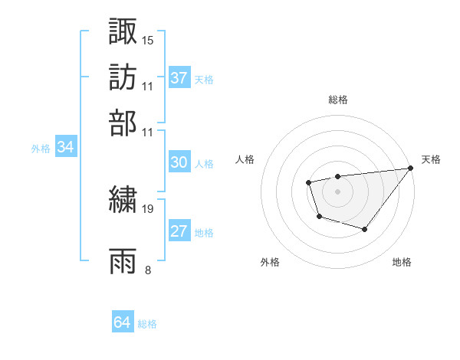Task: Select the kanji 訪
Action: pyautogui.click(x=123, y=77)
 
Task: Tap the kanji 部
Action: pyautogui.click(x=123, y=122)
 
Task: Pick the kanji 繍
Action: pyautogui.click(x=123, y=199)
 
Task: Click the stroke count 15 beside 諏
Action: pyautogui.click(x=148, y=40)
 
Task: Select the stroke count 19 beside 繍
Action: pyautogui.click(x=148, y=208)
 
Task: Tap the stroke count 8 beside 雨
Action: pyautogui.click(x=148, y=270)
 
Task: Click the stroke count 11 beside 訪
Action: pyautogui.click(x=148, y=86)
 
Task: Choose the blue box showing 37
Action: pyautogui.click(x=179, y=78)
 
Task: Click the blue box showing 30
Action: pyautogui.click(x=179, y=162)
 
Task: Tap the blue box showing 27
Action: pyautogui.click(x=179, y=232)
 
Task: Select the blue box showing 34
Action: pyautogui.click(x=65, y=148)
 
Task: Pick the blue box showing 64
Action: pyautogui.click(x=122, y=322)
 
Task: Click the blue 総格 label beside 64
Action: pyautogui.click(x=147, y=324)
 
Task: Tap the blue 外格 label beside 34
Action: pyautogui.click(x=41, y=149)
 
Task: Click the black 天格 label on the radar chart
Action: pyautogui.click(x=432, y=159)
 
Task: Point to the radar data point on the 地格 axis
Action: pyautogui.click(x=365, y=229)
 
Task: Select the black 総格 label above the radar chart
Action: pyautogui.click(x=337, y=100)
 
